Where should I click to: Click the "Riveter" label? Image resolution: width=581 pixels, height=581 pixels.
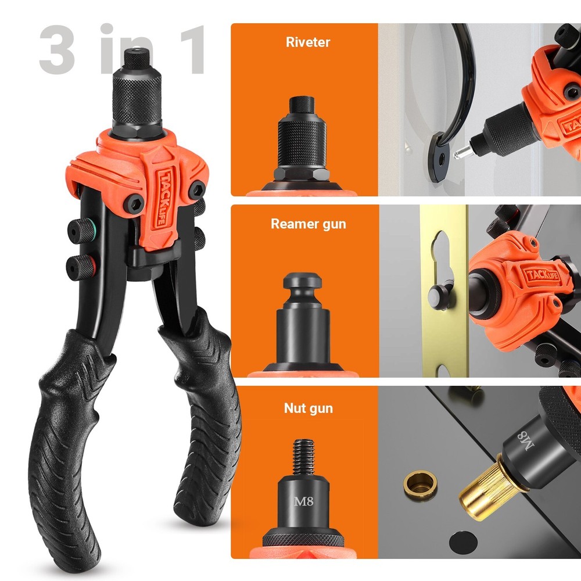[x=308, y=42]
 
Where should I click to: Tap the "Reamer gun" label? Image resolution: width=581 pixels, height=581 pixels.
[x=308, y=224]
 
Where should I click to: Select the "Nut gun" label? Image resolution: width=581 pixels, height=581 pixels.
[x=308, y=408]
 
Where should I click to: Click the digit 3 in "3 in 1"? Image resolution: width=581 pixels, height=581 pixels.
[x=58, y=49]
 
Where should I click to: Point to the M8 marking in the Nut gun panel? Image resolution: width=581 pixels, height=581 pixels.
[x=303, y=501]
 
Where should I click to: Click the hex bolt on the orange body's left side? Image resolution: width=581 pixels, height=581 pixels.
[x=135, y=202]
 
